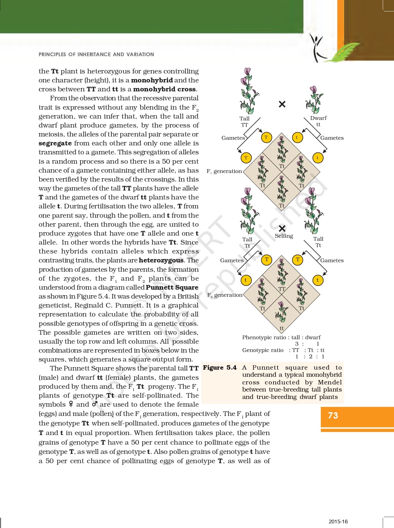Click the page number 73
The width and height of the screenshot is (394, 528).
333,416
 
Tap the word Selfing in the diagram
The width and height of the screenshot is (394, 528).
284,236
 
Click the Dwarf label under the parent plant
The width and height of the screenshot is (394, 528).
318,118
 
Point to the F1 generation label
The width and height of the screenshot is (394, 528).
224,171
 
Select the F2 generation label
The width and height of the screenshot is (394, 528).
225,295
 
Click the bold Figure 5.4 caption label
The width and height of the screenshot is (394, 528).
220,367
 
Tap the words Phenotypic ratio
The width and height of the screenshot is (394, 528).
264,337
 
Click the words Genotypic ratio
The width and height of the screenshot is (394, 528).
263,350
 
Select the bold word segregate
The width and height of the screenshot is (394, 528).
55,143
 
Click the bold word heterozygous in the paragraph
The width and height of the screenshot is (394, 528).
161,260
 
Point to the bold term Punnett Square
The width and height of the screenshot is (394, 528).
172,287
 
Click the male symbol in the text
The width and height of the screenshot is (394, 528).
95,404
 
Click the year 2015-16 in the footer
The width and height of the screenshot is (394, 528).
338,522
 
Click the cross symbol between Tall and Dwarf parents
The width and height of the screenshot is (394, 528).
282,104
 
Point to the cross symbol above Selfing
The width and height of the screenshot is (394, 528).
282,228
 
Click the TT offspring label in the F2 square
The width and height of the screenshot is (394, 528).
282,289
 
